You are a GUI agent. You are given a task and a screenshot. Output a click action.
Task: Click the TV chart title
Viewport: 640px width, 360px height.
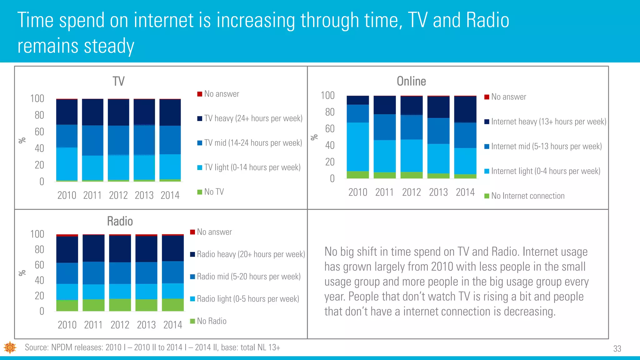click(x=118, y=82)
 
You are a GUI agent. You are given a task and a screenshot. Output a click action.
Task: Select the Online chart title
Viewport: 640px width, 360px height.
click(x=411, y=81)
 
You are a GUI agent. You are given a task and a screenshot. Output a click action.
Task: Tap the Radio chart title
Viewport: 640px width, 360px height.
click(x=120, y=221)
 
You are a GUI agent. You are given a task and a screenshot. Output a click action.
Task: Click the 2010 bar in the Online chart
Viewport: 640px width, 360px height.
click(x=358, y=137)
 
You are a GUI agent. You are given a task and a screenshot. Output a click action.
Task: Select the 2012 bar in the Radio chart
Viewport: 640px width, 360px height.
click(x=120, y=272)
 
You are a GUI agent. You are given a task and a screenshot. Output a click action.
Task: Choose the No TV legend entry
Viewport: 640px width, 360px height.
click(x=214, y=192)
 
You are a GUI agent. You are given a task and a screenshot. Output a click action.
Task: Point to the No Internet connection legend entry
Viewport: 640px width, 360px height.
click(x=527, y=196)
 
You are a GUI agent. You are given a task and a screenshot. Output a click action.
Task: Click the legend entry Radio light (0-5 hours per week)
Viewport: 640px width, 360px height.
click(x=247, y=299)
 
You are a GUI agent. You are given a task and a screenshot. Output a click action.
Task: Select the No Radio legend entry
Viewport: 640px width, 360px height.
click(x=211, y=321)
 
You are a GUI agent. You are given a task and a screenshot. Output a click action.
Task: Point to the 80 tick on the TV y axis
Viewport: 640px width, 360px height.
click(x=39, y=115)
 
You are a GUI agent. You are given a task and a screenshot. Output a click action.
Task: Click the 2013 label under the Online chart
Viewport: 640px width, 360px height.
click(x=438, y=192)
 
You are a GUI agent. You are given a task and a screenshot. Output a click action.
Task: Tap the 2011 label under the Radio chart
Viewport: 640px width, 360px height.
click(x=93, y=325)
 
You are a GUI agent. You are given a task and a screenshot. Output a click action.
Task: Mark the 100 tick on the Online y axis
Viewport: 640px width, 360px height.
click(x=327, y=95)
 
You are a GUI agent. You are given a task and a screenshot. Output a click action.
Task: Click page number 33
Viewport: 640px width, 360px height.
click(x=617, y=349)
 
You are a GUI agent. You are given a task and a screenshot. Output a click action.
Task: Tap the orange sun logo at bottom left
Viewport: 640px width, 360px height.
click(x=10, y=347)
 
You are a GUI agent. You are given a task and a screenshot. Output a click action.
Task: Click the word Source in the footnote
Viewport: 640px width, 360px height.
click(x=36, y=347)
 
